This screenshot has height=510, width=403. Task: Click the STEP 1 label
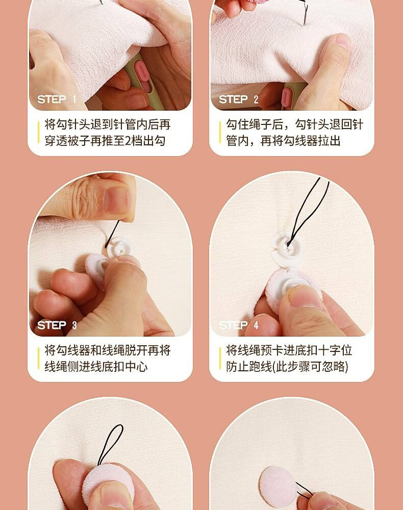click(57, 99)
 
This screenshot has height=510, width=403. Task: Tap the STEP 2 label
click(238, 99)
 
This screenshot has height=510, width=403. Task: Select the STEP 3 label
click(57, 325)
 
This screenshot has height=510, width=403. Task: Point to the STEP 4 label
click(239, 325)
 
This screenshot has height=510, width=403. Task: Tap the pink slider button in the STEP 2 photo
click(285, 96)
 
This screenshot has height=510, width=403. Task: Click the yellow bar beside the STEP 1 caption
click(38, 133)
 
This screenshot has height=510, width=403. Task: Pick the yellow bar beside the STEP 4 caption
click(220, 359)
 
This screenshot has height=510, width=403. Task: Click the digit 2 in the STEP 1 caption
click(128, 141)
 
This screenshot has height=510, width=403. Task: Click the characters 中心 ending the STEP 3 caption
click(136, 367)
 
